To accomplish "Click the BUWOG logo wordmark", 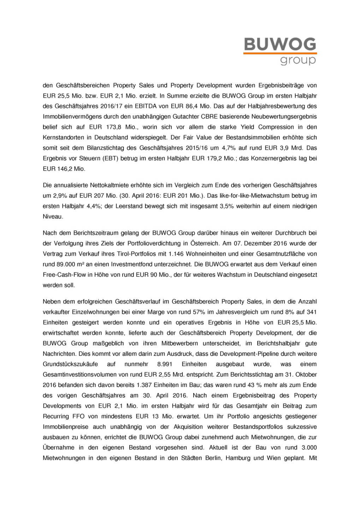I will pos(280,44).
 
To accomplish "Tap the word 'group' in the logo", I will pos(298,60).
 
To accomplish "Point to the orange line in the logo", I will pos(280,53).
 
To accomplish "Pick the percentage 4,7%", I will pos(228,148).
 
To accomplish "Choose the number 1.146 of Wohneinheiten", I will pos(177,254).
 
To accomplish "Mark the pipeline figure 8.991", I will pos(165,364).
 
